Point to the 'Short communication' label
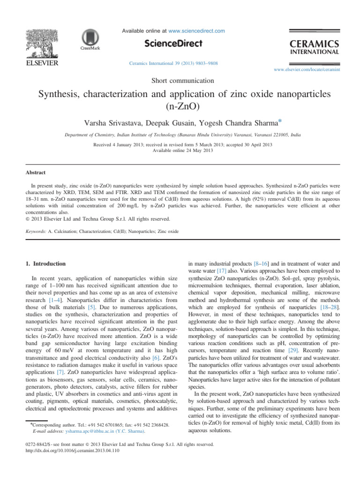point(180,80)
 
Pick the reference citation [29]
point(292,350)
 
